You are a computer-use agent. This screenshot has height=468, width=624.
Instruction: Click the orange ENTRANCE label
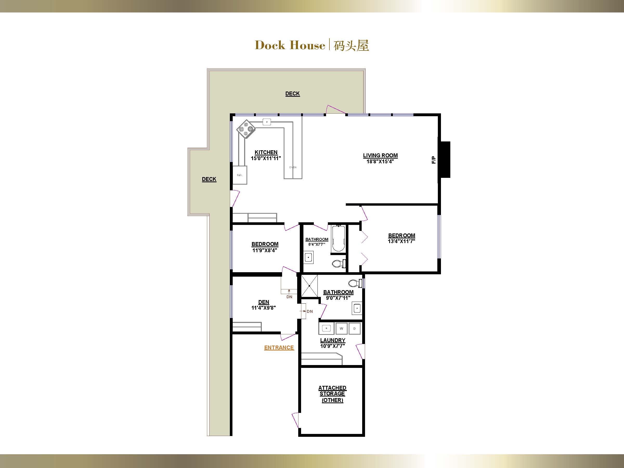pyautogui.click(x=279, y=348)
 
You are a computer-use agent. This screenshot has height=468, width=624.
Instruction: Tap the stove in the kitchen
pyautogui.click(x=246, y=129)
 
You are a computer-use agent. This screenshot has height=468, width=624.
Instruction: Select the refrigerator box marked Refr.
pyautogui.click(x=240, y=175)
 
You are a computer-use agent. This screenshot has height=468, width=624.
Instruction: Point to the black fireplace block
pyautogui.click(x=444, y=159)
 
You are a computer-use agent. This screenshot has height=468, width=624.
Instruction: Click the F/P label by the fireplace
pyautogui.click(x=434, y=160)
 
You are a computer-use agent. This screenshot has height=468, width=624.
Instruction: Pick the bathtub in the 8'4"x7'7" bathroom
pyautogui.click(x=338, y=238)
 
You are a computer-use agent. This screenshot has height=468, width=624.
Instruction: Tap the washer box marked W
pyautogui.click(x=341, y=328)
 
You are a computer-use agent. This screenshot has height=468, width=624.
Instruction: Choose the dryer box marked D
pyautogui.click(x=355, y=328)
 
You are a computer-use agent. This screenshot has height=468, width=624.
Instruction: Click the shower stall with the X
pyautogui.click(x=309, y=286)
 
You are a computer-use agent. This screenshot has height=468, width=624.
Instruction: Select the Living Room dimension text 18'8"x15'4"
pyautogui.click(x=380, y=162)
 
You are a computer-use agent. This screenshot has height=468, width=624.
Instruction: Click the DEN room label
pyautogui.click(x=264, y=302)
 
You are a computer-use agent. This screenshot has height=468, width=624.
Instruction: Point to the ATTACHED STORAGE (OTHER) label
pyautogui.click(x=332, y=394)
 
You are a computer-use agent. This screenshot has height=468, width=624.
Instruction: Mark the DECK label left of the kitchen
pyautogui.click(x=209, y=179)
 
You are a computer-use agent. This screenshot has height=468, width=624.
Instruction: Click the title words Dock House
pyautogui.click(x=290, y=45)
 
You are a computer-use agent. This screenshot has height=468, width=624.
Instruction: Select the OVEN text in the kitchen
pyautogui.click(x=293, y=167)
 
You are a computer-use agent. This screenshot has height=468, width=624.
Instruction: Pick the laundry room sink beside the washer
pyautogui.click(x=326, y=328)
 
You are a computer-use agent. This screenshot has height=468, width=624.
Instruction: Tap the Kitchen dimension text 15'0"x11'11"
pyautogui.click(x=266, y=158)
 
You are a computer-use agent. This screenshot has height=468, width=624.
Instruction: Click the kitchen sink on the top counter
pyautogui.click(x=266, y=122)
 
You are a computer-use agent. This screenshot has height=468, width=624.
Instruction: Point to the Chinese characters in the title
pyautogui.click(x=351, y=45)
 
